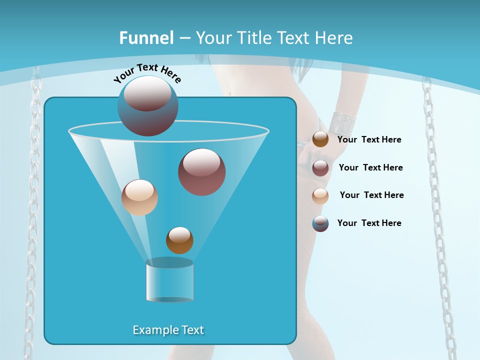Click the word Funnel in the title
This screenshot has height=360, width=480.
(x=146, y=38)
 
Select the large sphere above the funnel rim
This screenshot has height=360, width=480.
(x=147, y=105)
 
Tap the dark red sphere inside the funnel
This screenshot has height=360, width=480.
(x=201, y=171)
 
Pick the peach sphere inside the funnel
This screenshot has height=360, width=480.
(x=139, y=197)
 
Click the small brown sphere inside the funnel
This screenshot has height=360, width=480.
(x=179, y=240)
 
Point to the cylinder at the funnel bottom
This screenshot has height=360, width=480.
(x=169, y=280)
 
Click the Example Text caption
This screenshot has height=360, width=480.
(x=168, y=330)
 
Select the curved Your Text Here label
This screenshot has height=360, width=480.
(x=147, y=73)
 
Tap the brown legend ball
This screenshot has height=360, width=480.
(x=320, y=139)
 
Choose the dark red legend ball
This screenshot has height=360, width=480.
(x=320, y=168)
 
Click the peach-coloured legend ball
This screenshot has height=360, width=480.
(x=320, y=196)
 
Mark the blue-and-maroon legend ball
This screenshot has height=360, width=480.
(x=320, y=223)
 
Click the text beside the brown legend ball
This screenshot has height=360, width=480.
(x=369, y=139)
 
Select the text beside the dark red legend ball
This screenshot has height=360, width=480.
(x=370, y=167)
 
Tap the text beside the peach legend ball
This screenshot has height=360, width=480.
(x=371, y=195)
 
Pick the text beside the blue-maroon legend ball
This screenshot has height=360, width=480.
(x=369, y=223)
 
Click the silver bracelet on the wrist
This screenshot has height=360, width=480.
(x=342, y=122)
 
